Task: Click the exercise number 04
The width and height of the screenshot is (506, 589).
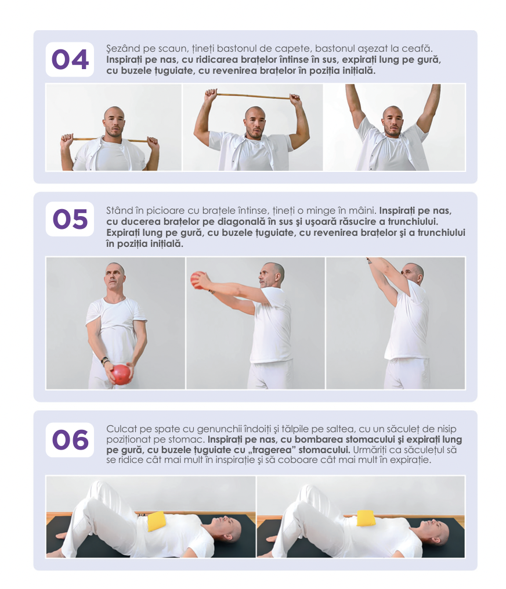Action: [x=70, y=59]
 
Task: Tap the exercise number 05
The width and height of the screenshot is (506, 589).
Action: [x=70, y=219]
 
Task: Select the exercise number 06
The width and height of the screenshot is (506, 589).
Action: [x=70, y=440]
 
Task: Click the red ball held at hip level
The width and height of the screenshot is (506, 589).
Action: [x=122, y=374]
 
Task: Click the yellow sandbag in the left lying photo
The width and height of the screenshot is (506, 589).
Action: [x=156, y=521]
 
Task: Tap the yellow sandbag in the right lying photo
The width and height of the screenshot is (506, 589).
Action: [x=366, y=518]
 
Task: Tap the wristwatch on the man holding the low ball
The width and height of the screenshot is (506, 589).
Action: [x=104, y=360]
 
